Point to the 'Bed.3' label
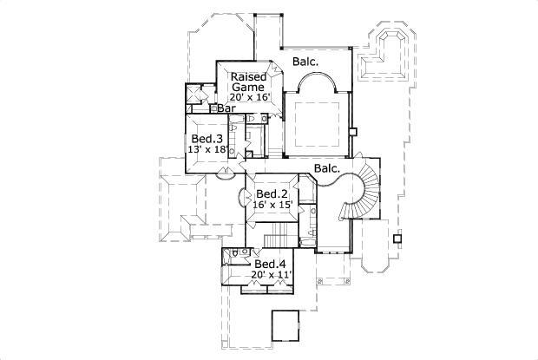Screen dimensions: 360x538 207,138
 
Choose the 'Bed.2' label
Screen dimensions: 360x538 272,193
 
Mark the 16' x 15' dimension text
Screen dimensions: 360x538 272,206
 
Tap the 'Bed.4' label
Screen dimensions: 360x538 269,264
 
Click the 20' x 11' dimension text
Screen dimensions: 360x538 270,275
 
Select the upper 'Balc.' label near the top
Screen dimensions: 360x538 305,62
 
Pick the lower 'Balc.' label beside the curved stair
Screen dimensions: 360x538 326,168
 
